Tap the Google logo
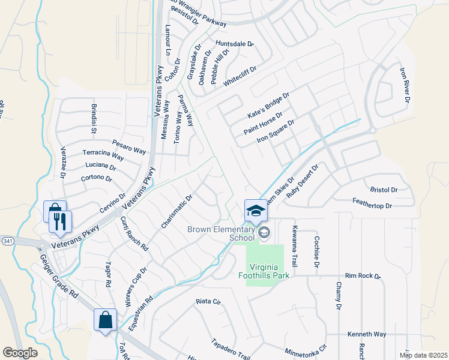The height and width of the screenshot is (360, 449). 20,353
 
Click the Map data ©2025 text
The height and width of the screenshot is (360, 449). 423,355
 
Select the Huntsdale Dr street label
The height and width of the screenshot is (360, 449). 234,44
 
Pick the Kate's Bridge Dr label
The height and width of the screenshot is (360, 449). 268,106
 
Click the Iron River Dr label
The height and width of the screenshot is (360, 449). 404,85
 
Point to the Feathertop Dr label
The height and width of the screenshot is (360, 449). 372,206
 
